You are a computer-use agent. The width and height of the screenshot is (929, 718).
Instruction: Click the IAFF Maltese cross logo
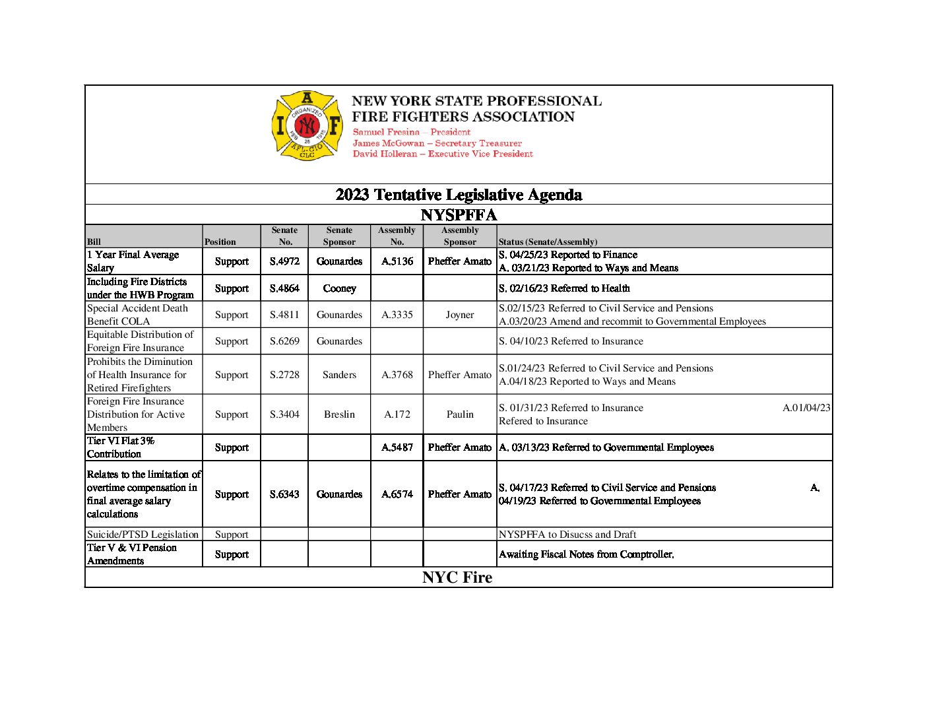307,125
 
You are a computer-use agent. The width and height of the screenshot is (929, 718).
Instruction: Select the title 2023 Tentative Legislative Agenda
459,195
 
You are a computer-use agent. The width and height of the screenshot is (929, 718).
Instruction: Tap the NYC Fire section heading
457,577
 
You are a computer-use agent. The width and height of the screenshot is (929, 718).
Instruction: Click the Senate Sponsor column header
339,236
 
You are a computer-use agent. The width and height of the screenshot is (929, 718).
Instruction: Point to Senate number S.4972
284,261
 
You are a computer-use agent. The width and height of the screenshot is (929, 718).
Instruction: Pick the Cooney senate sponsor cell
339,288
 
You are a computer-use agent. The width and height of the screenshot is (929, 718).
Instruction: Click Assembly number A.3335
397,315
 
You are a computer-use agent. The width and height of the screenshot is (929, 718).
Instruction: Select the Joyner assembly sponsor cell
460,315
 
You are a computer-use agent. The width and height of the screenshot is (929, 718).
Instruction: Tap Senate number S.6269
284,341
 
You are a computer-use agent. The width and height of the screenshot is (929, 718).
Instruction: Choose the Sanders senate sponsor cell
339,375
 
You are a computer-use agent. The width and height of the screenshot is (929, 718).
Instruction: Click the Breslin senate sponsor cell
339,414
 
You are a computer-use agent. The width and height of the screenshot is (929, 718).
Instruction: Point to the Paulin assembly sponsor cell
460,414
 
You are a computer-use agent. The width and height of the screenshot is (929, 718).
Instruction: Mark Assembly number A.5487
397,447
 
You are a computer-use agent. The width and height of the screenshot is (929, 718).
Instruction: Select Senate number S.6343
284,494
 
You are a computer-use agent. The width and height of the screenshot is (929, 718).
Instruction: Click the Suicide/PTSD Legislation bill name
143,535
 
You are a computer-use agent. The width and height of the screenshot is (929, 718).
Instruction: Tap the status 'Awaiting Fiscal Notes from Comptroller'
586,554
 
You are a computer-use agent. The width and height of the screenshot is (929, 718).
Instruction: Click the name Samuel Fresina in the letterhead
386,132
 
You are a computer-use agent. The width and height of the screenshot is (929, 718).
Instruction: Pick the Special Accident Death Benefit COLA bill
137,315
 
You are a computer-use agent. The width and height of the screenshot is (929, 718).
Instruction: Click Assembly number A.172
397,414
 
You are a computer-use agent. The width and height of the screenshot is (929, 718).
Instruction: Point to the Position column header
220,242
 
